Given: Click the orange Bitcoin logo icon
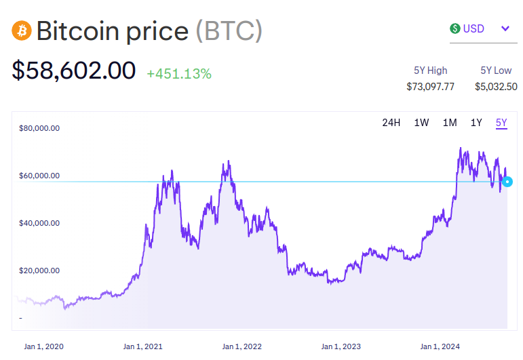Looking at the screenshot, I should pos(22,31).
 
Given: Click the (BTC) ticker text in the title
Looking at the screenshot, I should pos(229,31).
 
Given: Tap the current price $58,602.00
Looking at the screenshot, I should pos(73,71).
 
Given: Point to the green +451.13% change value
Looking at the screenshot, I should pos(179,74).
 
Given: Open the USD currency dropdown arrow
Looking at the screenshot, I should pos(505,28).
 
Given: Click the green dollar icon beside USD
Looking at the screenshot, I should pos(454,28).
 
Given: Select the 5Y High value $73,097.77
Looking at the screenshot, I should pos(430,86).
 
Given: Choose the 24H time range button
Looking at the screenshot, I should pos(391,123).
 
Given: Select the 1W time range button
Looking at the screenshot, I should pos(421,123).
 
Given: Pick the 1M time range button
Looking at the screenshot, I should pos(449,123).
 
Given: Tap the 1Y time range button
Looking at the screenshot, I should pos(476,123).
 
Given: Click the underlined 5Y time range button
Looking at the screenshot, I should pos(501,123).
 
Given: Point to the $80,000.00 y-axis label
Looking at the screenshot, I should pos(39,128).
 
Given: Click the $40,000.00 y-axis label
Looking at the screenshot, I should pos(39,223).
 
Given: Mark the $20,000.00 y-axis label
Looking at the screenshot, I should pos(39,271).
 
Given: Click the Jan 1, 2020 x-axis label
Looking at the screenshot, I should pos(43,346).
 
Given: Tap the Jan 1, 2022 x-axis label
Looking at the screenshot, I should pos(242,346).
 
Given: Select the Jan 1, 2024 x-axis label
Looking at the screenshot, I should pos(440,346).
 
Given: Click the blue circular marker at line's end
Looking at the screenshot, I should pos(507,181).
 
